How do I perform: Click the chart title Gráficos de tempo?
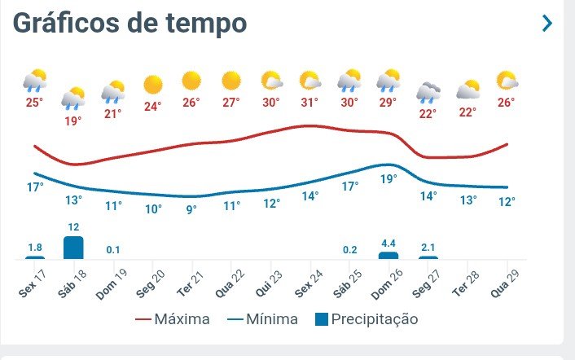[x=129, y=23]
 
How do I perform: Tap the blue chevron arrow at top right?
[x=547, y=24]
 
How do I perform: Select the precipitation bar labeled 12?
[x=73, y=248]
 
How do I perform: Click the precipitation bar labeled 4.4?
[x=388, y=255]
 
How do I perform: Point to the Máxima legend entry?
[x=172, y=319]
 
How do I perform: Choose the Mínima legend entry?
[x=262, y=319]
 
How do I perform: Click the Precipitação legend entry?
[x=367, y=319]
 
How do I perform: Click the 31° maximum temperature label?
[x=309, y=103]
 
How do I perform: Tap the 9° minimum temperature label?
[x=191, y=209]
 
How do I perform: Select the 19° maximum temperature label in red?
[x=73, y=121]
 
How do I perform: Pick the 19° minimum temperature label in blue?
[x=388, y=179]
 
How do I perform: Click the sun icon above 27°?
[x=230, y=81]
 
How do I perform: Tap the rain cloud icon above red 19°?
[x=73, y=98]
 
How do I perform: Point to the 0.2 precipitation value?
[x=349, y=249]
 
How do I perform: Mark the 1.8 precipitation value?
[x=34, y=248]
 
